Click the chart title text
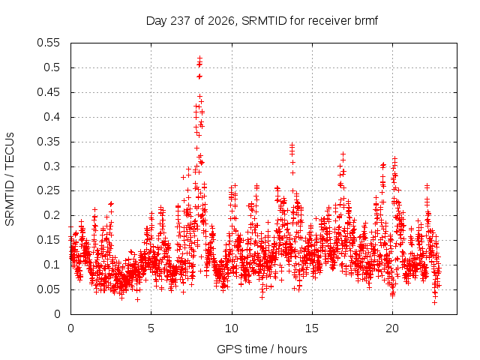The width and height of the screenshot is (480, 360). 262,21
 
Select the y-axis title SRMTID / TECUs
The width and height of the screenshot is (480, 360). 10,179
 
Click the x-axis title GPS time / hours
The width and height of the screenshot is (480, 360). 262,349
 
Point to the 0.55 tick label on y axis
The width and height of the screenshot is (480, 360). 48,43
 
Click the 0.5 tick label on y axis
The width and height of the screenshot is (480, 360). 52,67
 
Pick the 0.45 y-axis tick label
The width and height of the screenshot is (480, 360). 48,92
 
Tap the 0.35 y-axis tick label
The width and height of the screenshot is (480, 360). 48,142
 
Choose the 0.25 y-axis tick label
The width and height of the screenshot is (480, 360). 48,190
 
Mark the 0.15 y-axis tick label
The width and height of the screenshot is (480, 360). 48,240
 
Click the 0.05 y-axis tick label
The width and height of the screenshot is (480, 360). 48,289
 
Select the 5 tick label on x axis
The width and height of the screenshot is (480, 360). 151,328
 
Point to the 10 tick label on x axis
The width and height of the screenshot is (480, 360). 232,328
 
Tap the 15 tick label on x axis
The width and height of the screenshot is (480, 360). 312,328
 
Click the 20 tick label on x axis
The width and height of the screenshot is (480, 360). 392,328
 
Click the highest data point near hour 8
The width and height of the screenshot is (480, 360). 200,58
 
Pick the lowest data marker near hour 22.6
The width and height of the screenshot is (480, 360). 434,303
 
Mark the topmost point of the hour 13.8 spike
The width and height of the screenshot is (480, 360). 292,144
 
